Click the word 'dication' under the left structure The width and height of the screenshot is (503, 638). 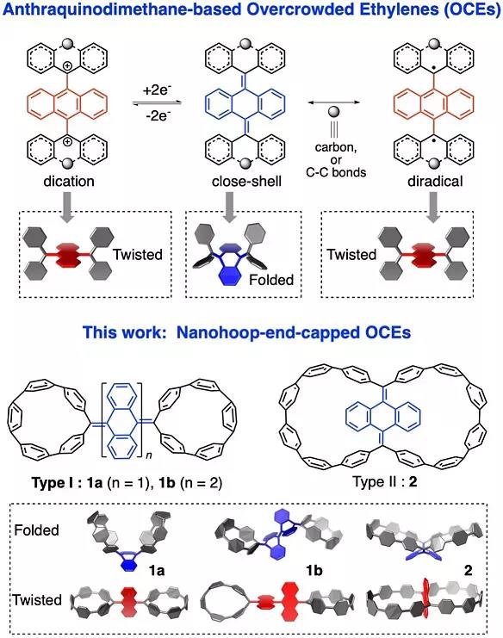[69, 181]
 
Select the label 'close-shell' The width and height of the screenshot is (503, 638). [246, 181]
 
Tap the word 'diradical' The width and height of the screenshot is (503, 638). [435, 181]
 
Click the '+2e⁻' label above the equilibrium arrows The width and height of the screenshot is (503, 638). [156, 90]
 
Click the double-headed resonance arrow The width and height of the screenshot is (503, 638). [333, 102]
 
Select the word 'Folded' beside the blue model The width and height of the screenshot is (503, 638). [271, 280]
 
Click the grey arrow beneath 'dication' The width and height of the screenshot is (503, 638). [67, 207]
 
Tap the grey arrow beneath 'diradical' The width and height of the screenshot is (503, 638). [434, 207]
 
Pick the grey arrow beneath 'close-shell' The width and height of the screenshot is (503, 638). [230, 207]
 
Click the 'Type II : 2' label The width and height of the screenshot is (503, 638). [385, 482]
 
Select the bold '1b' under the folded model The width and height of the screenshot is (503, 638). [314, 571]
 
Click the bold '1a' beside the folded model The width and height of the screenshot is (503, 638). [157, 571]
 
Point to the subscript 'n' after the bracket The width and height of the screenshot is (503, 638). [148, 455]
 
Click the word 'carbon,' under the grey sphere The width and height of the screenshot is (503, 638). [336, 147]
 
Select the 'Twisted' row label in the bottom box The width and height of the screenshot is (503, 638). [37, 600]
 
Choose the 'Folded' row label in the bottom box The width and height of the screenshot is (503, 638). [37, 530]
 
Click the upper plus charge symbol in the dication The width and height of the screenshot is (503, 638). [67, 65]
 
